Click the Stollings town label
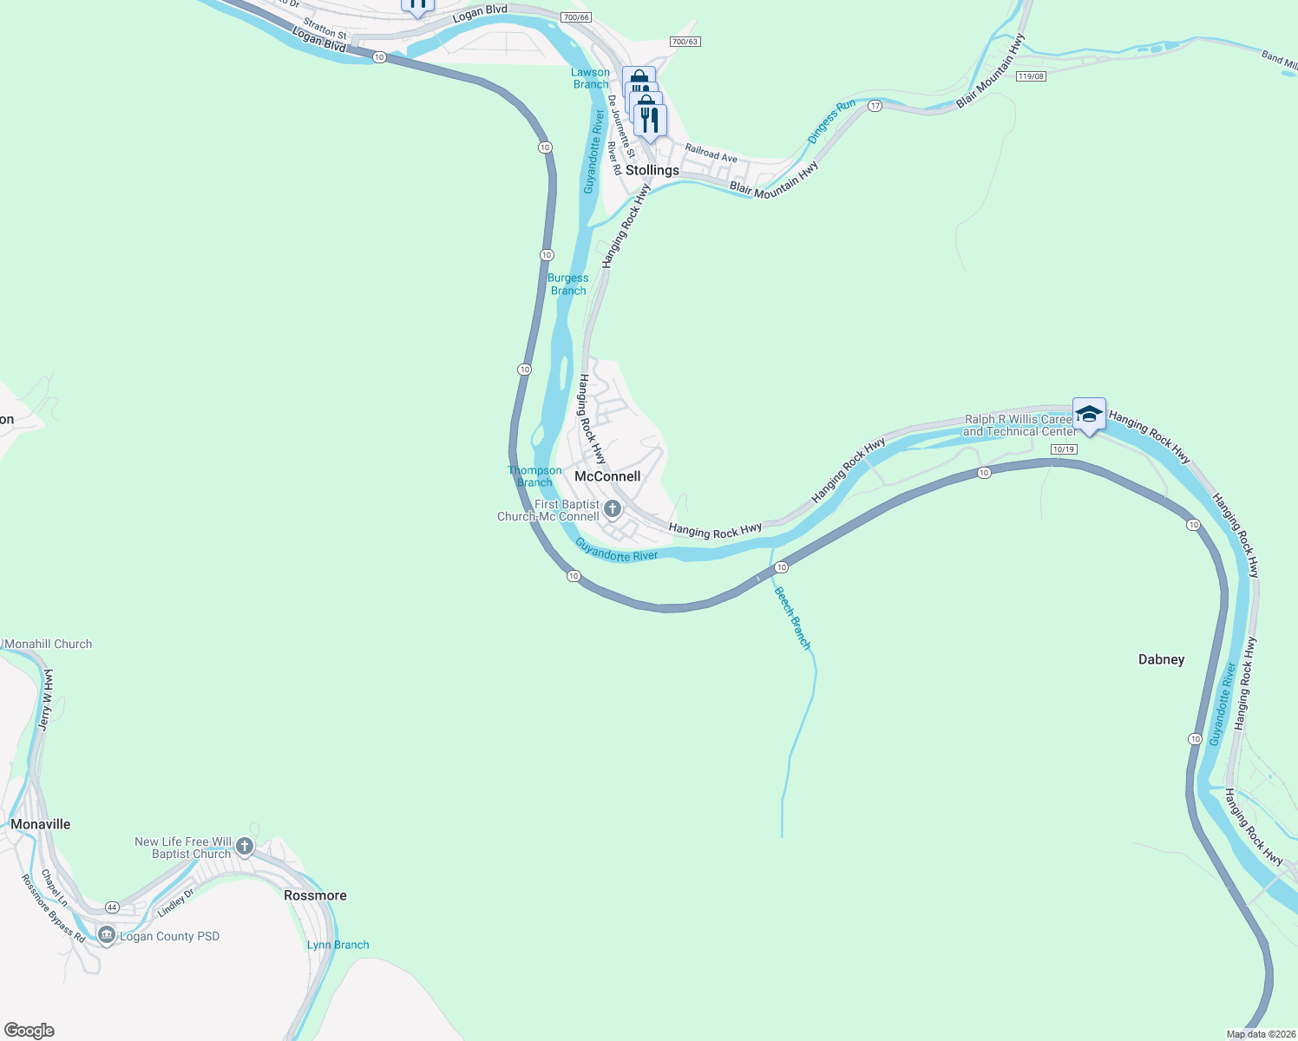[652, 170]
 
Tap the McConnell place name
[607, 476]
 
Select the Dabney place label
[1161, 659]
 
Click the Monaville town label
[41, 824]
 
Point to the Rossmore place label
[315, 895]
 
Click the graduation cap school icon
[1089, 415]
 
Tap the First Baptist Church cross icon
[613, 509]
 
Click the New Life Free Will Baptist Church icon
[245, 846]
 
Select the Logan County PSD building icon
[107, 935]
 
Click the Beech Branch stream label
[792, 619]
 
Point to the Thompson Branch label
[534, 476]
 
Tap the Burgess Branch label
[568, 285]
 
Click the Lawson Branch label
[591, 78]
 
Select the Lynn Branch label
[338, 945]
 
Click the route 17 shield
[875, 106]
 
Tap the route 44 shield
[112, 907]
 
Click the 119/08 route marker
[1032, 76]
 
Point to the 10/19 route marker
[1063, 449]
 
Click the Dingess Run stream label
[831, 121]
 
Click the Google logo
[29, 1031]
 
